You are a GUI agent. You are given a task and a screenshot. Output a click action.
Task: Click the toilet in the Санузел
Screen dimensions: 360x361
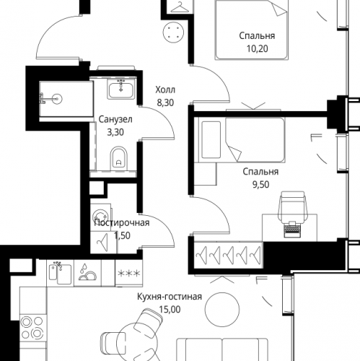click(118, 158)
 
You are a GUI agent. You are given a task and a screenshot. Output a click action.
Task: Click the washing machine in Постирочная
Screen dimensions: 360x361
click(101, 215)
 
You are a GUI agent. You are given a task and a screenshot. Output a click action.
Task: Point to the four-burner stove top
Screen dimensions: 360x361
click(32, 327)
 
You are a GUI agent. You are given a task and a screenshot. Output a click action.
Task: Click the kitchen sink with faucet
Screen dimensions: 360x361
click(60, 273)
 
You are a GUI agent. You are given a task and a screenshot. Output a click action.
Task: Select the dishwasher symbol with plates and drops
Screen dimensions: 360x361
click(87, 272)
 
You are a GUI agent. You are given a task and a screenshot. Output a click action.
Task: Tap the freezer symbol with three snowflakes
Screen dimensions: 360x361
click(128, 274)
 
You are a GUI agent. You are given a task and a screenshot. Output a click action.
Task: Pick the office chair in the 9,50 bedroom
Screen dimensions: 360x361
click(293, 205)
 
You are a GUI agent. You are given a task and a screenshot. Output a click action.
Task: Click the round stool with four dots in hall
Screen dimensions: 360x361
click(173, 32)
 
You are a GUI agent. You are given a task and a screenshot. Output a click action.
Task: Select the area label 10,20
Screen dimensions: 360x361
click(257, 49)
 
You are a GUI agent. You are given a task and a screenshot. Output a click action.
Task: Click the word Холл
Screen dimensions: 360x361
click(165, 90)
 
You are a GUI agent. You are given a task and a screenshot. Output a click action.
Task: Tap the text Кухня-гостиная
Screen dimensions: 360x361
click(170, 297)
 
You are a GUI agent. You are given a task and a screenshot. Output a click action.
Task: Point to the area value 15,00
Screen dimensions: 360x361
click(170, 309)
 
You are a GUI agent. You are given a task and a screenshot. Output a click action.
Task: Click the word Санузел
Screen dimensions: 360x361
click(115, 119)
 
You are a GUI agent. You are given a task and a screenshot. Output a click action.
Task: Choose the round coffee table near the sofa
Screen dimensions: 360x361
click(222, 310)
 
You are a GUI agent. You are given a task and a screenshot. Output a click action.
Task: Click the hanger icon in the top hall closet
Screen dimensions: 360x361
click(180, 7)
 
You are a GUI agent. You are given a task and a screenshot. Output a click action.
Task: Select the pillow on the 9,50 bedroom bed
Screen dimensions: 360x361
click(211, 140)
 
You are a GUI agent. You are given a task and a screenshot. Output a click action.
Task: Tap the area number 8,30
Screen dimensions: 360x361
click(165, 103)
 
